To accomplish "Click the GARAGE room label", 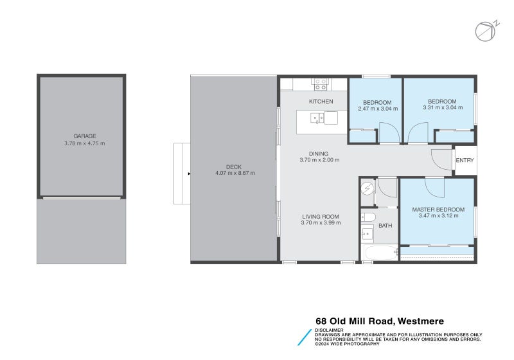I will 84,136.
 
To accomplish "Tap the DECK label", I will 235,166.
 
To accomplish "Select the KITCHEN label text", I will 321,102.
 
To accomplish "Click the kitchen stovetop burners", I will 320,82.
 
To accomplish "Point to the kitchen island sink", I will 317,118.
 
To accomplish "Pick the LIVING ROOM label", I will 321,217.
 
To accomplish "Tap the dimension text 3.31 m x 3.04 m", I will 442,108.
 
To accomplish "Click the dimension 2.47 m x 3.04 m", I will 377,109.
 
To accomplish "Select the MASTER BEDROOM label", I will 438,210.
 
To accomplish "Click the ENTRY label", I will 464,161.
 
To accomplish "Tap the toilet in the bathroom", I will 368,217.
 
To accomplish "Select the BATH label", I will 385,226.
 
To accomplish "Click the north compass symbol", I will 484,31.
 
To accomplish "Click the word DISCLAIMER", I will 328,330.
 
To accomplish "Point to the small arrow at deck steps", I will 188,174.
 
